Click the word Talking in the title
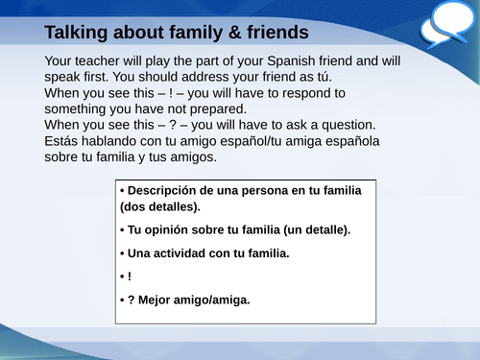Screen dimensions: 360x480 (x=80, y=34)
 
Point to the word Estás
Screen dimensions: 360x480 (x=63, y=142)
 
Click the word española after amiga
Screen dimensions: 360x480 (x=348, y=142)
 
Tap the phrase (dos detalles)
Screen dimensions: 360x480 (x=160, y=206)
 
